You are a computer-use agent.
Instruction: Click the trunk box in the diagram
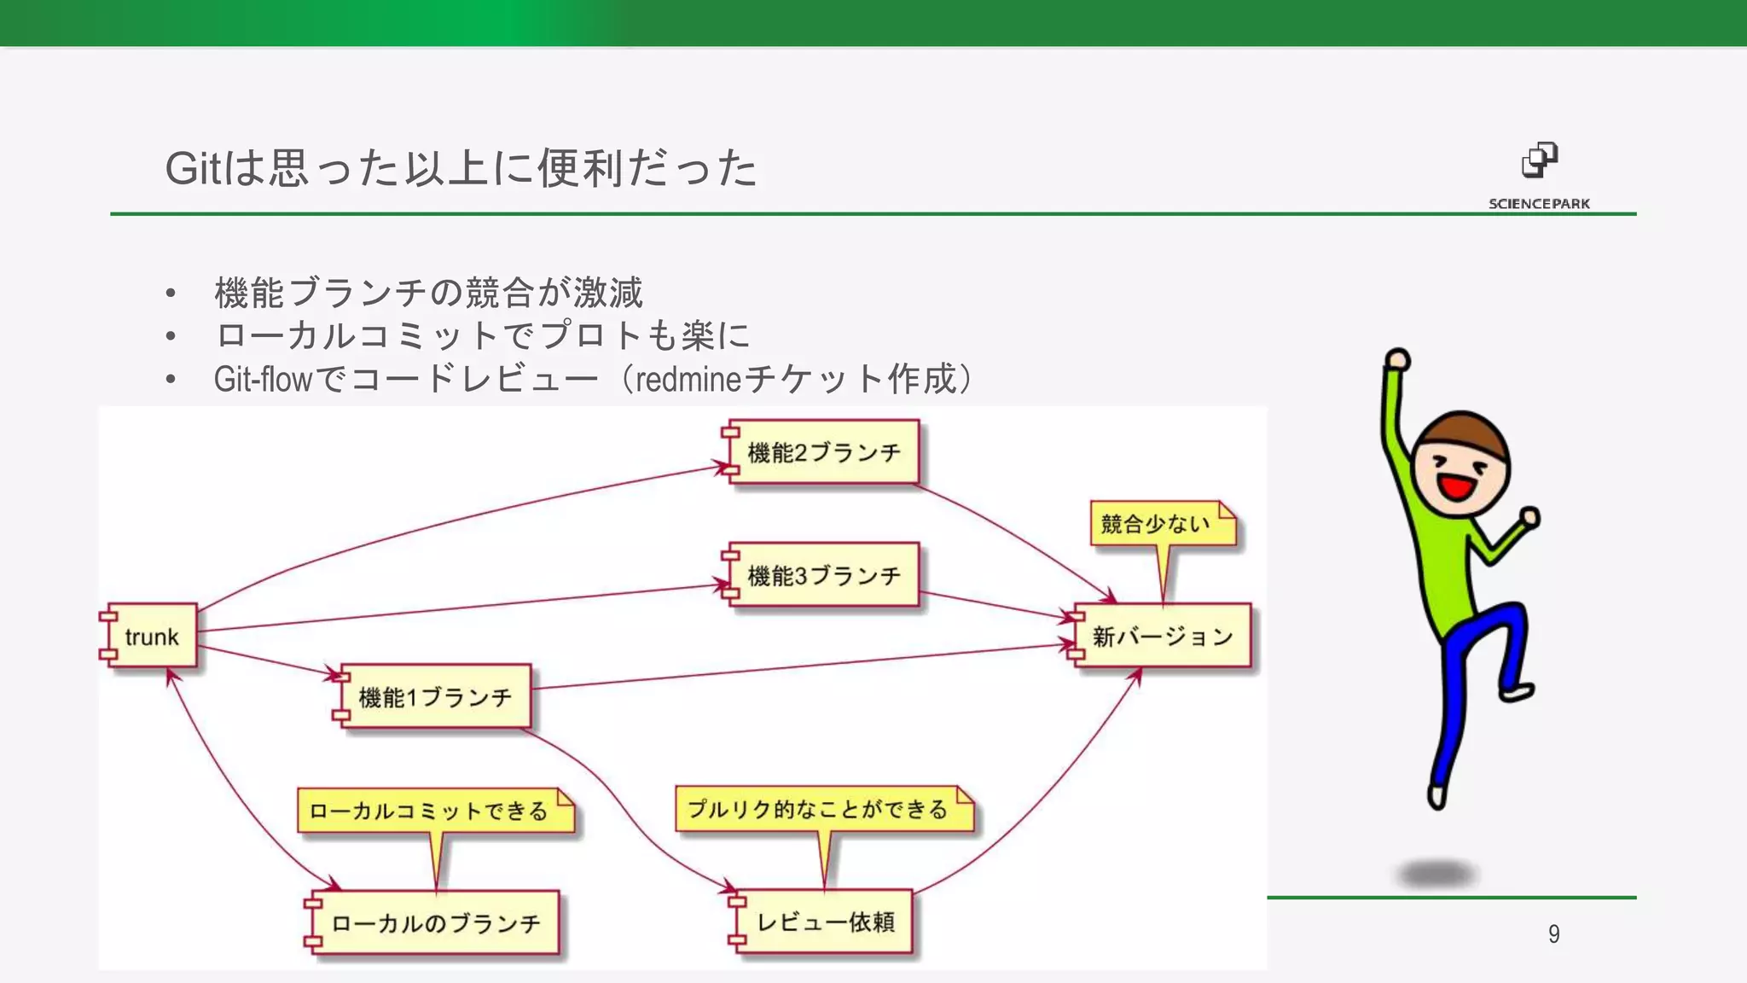(151, 637)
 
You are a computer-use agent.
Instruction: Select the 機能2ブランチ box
(823, 452)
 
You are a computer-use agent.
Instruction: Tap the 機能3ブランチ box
(823, 575)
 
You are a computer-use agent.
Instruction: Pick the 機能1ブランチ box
(435, 697)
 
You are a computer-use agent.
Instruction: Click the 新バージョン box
(1163, 637)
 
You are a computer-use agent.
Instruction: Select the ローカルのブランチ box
(435, 923)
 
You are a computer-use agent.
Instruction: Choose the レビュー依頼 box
(825, 922)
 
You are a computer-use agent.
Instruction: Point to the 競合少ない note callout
(1162, 524)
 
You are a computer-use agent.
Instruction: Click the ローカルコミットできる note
(434, 811)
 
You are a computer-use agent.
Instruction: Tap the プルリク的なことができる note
(822, 809)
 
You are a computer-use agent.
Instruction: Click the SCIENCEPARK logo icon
(1539, 160)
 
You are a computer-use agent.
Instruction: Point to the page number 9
(1553, 934)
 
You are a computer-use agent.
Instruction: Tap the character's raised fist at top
(1397, 358)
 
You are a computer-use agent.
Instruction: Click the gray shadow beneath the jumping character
(1438, 874)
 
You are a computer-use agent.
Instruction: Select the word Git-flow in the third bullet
(263, 379)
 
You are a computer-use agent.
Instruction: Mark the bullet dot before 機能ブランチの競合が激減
(171, 294)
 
